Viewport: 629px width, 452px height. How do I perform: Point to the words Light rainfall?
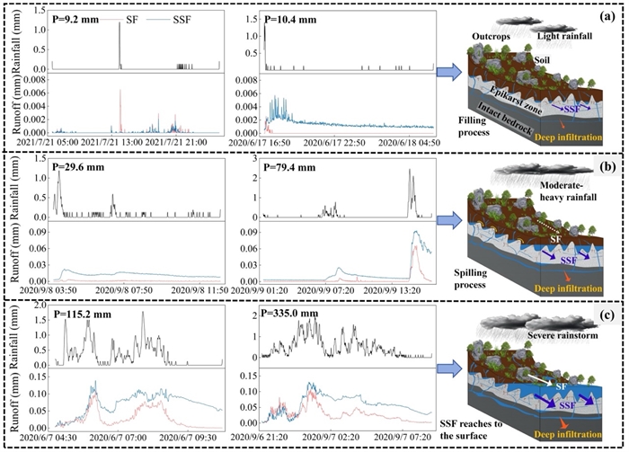[566, 35]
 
